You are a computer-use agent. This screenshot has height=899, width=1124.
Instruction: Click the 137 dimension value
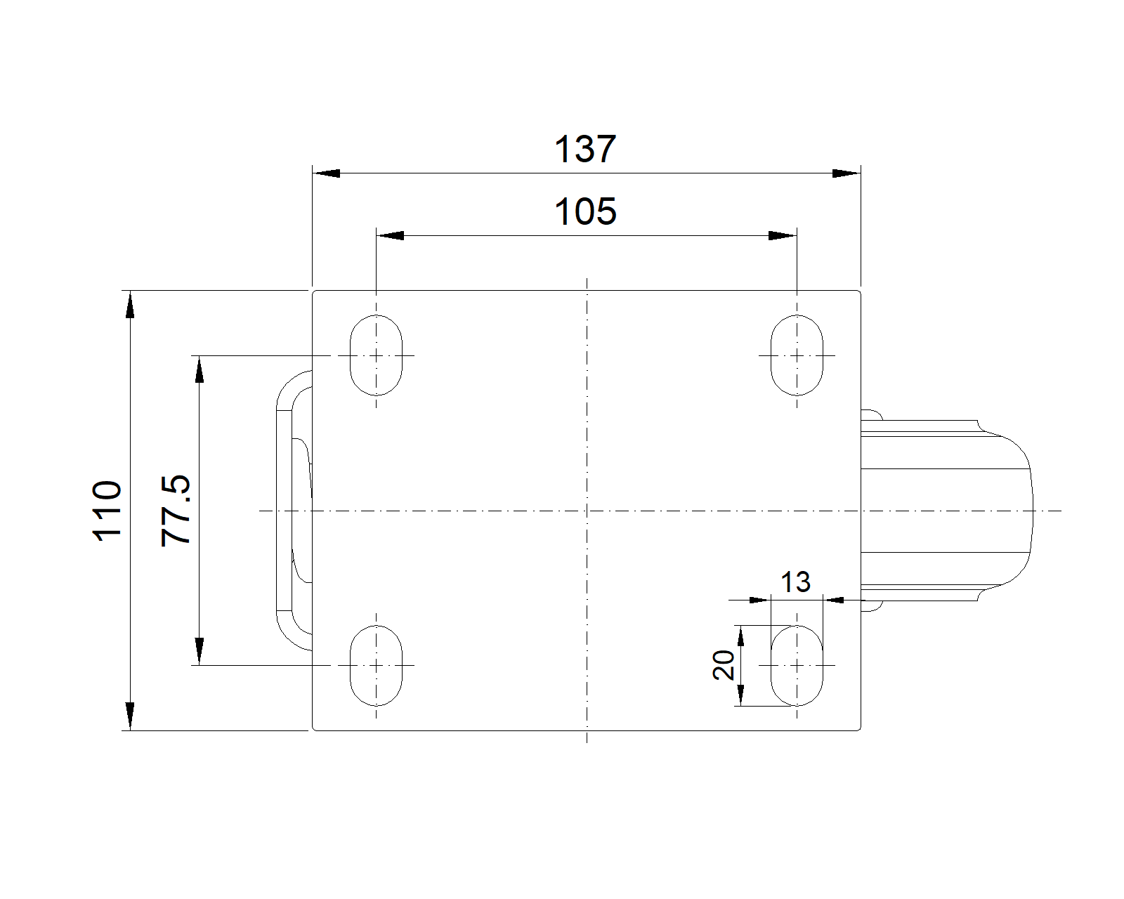click(x=585, y=149)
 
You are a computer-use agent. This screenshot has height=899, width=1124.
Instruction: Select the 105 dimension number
click(x=585, y=211)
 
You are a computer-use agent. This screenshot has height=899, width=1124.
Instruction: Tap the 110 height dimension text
click(x=107, y=511)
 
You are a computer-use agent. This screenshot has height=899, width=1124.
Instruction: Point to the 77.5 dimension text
click(x=176, y=511)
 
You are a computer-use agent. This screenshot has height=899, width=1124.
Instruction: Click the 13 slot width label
click(x=795, y=582)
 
